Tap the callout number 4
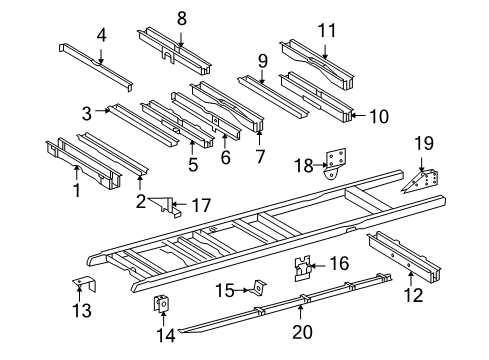point(101,37)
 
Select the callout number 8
point(182,17)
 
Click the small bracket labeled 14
point(159,305)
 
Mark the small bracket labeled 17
point(170,208)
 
